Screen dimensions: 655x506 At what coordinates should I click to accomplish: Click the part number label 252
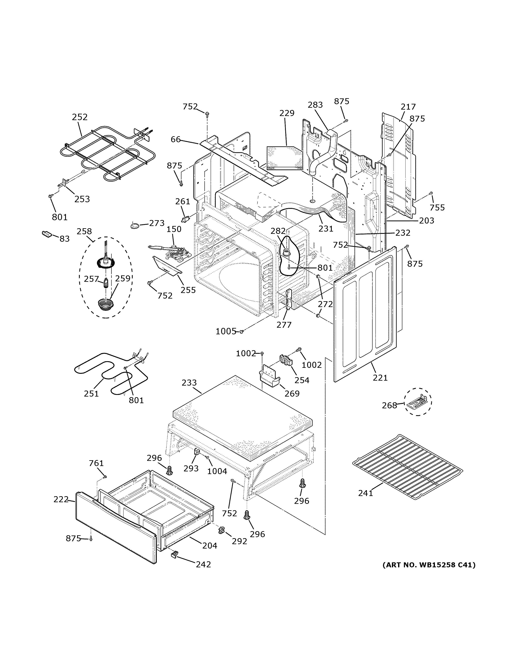80,117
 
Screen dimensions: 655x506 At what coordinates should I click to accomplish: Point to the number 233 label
189,383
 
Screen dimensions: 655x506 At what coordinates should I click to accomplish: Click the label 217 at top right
408,107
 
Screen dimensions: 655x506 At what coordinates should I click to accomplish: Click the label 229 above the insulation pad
287,113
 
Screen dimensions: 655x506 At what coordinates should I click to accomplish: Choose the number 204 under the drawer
210,546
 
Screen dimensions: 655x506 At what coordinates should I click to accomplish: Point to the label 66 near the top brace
176,139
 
